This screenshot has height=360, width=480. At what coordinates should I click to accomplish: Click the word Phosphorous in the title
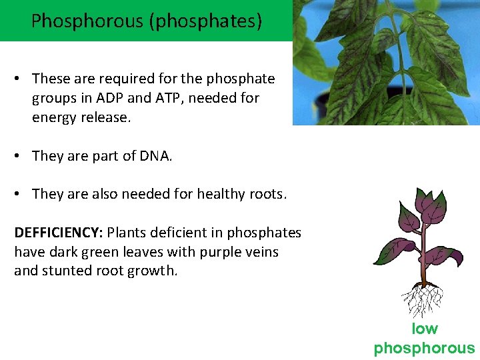click(87, 21)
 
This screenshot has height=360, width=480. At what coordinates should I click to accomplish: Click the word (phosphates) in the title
click(205, 21)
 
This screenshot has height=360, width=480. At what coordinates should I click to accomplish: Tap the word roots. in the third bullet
click(267, 194)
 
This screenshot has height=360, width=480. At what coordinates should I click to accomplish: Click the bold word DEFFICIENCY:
click(58, 233)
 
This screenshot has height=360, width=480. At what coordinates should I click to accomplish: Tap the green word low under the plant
click(425, 329)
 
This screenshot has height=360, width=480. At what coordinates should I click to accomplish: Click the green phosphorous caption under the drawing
click(425, 347)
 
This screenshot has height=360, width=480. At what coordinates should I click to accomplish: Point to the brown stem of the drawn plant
click(423, 260)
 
